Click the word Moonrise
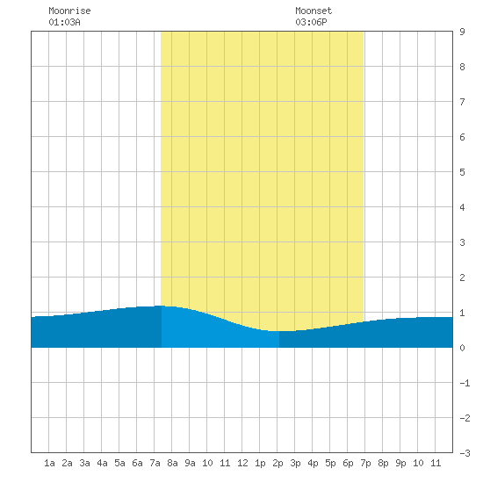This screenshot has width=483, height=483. coord(69,11)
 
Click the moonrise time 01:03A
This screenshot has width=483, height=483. coord(64,22)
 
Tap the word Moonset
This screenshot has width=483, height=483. coord(314,11)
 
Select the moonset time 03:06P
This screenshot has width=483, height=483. coord(311,22)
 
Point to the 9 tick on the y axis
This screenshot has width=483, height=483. coord(462,32)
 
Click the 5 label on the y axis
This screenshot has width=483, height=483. coord(462,172)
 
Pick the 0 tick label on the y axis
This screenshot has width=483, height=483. coord(462,348)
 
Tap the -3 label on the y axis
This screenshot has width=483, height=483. coord(465,453)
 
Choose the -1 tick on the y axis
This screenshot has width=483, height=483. coord(465,383)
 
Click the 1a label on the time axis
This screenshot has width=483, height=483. coord(49,463)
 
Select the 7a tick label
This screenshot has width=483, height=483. coord(155,463)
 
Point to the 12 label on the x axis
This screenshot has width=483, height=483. coord(242,463)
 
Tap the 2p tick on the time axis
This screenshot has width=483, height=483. coord(278,463)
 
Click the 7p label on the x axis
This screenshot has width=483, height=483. coord(365,463)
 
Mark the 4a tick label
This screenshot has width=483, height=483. coord(102,463)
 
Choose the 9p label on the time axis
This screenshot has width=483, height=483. coord(400,463)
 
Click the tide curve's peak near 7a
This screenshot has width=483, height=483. coord(161,306)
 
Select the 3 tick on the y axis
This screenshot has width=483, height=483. coord(462,242)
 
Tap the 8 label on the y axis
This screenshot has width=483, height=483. coord(462,67)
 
